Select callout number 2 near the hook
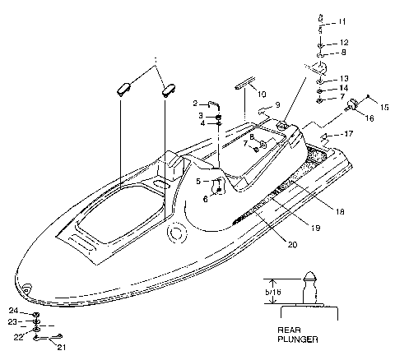196,104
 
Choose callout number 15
383,105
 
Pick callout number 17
349,132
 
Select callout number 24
14,312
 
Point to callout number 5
197,180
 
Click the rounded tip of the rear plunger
312,277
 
